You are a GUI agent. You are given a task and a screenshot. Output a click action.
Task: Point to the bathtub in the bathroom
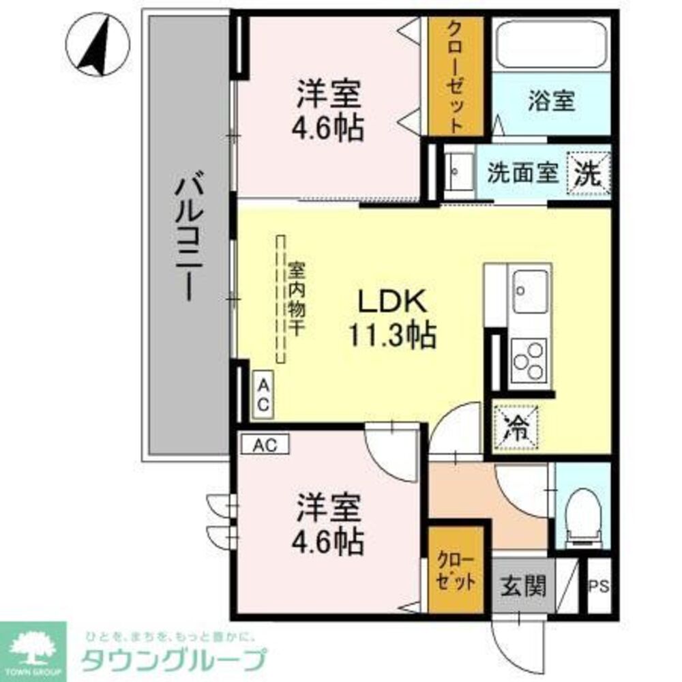pos(551,44)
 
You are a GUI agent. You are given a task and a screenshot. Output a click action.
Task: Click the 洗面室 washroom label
pos(522,173)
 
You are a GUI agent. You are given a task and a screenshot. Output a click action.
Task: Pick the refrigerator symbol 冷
pos(516,428)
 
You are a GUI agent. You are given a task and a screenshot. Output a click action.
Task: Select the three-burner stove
pos(529,359)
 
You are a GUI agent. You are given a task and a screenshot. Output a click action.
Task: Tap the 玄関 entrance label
pos(523,585)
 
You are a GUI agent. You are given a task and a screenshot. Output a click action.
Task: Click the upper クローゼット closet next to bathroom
pos(455,76)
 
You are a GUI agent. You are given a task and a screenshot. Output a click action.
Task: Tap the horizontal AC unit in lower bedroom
pos(265,445)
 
